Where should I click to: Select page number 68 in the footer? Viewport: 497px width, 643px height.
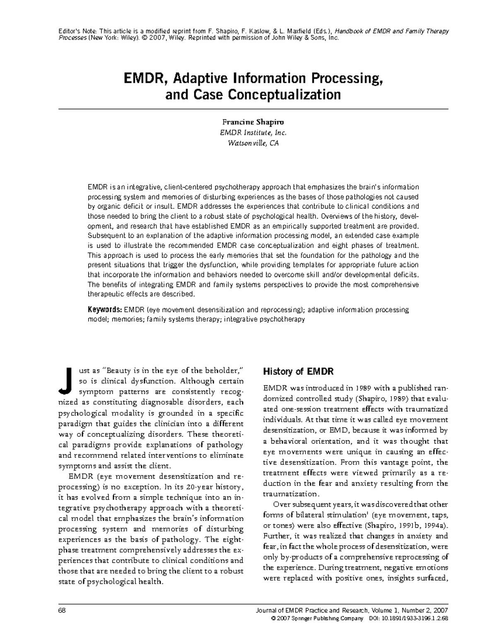pos(63,611)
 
